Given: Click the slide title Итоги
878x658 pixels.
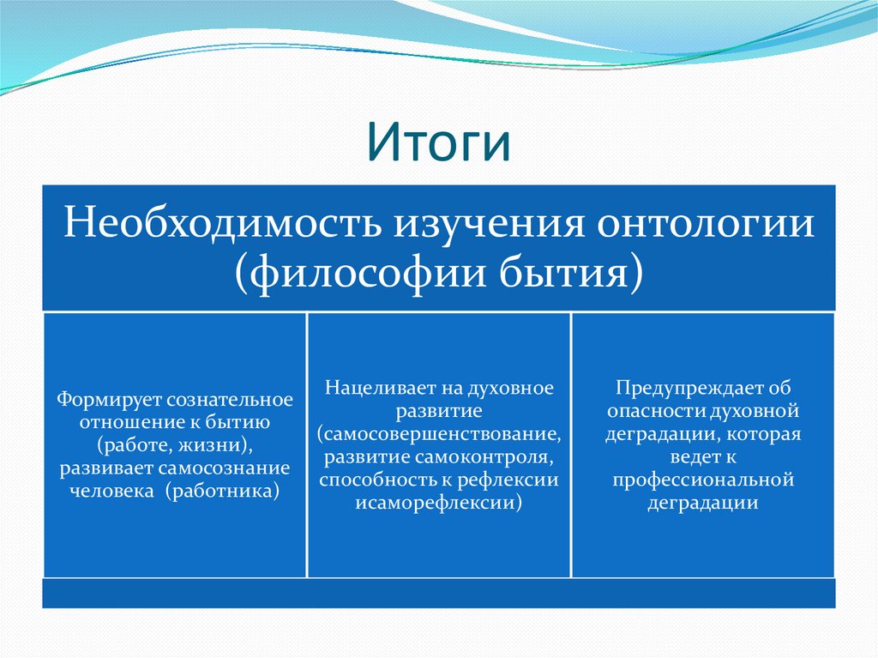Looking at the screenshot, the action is tap(438, 142).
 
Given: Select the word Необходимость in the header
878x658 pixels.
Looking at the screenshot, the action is tap(224, 223).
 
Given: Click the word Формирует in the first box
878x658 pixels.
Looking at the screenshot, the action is tap(108, 400).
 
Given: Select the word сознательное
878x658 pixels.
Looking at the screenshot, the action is tap(230, 400).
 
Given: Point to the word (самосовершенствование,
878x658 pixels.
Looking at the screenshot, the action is tap(439, 434).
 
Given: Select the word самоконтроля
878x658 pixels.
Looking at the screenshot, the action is tap(484, 457).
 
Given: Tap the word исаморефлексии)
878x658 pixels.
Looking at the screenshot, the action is tap(439, 503).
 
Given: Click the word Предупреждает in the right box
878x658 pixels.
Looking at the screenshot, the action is tap(689, 388).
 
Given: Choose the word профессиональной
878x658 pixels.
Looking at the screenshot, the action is tap(703, 480).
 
